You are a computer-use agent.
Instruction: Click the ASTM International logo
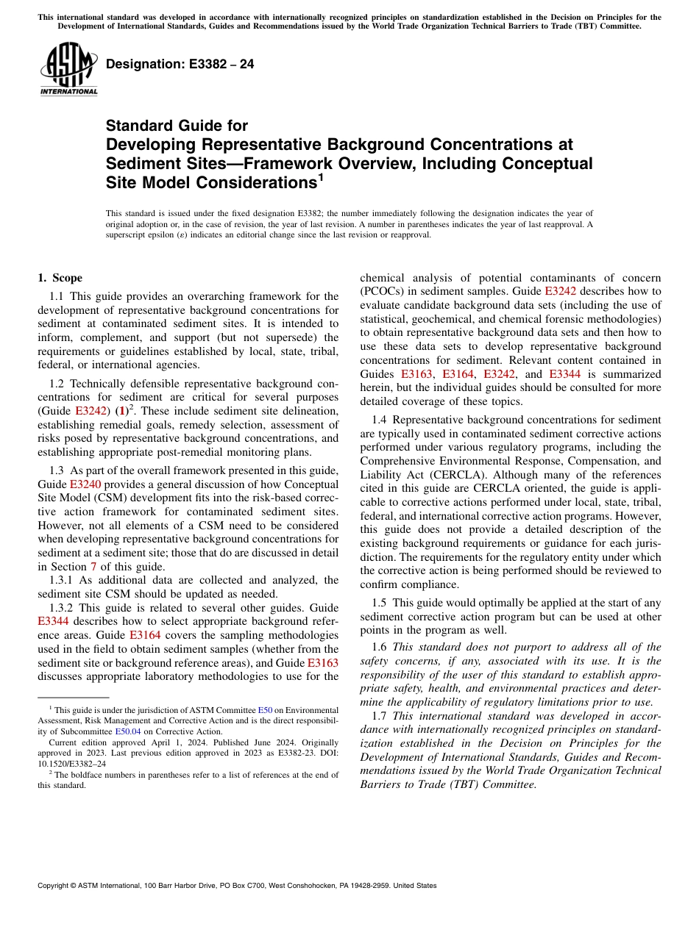[68, 68]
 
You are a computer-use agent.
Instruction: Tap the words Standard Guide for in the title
[177, 126]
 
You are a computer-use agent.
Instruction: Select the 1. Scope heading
[60, 278]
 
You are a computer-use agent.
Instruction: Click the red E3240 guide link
[85, 484]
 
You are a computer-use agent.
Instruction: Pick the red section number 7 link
[93, 567]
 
